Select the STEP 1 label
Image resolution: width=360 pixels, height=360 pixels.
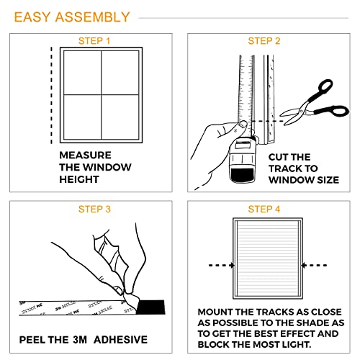tap(95, 41)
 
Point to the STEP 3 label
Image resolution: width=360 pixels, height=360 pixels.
tap(95, 210)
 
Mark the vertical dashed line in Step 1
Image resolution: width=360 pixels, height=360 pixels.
tap(52, 94)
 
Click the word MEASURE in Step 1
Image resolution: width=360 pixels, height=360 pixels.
tap(85, 155)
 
